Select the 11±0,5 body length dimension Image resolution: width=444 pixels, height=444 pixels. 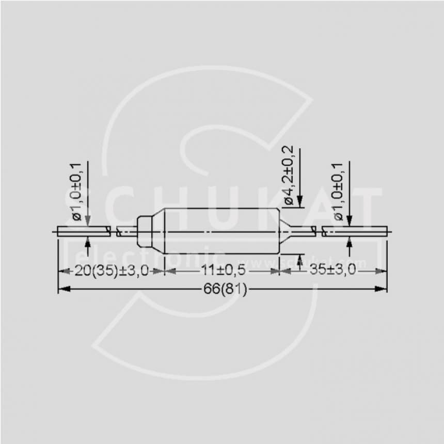click(x=223, y=271)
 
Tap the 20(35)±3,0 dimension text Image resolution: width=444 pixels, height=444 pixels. click(x=111, y=271)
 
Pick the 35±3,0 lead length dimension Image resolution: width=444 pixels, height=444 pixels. click(x=333, y=271)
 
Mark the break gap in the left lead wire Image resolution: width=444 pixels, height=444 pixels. click(x=114, y=232)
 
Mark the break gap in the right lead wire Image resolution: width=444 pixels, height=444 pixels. click(x=318, y=232)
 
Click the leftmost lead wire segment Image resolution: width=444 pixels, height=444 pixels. click(x=83, y=232)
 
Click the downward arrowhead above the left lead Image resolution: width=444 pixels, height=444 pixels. click(x=87, y=222)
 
